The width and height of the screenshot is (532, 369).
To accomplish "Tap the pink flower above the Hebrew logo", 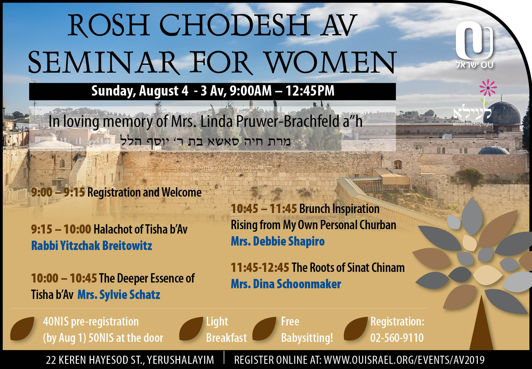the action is tap(488, 88).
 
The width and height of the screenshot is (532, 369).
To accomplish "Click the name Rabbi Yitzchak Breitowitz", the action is tap(92, 246).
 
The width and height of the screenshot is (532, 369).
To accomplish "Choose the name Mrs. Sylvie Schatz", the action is tap(119, 295).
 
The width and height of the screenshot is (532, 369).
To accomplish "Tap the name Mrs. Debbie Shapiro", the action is tap(278, 241).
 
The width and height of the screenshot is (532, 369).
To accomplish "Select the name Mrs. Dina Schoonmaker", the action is tap(286, 284).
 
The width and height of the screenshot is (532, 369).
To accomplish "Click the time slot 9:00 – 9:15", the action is tap(58, 192).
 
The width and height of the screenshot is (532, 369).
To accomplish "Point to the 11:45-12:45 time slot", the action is tap(260, 267).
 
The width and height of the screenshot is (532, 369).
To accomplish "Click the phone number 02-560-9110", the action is tap(397, 338).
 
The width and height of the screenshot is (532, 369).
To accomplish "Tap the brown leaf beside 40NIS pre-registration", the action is tap(22, 329).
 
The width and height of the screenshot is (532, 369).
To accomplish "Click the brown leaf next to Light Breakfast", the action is tap(191, 329).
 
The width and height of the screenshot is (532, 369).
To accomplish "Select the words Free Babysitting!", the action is tap(307, 330).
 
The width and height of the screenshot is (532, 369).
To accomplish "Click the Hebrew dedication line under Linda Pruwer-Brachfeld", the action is tap(205, 142).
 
